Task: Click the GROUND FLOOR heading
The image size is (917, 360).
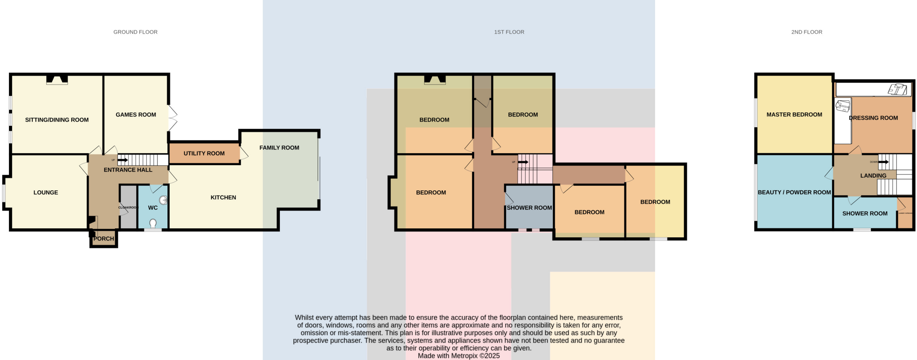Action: (135, 32)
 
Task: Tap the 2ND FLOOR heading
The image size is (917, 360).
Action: (806, 32)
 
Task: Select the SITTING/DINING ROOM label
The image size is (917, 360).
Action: (57, 120)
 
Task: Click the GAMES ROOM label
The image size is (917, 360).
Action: (136, 115)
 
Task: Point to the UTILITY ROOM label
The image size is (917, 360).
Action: (204, 154)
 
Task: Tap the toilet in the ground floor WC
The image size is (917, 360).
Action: (153, 223)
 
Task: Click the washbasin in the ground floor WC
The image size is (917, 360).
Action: (163, 200)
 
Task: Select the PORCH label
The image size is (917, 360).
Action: (104, 239)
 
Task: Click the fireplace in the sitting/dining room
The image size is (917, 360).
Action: (57, 80)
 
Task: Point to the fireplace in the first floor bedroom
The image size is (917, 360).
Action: (435, 80)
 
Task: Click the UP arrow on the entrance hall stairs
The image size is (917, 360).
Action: (122, 160)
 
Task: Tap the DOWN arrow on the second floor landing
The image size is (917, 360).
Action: (883, 162)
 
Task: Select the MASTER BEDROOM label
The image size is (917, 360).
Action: (794, 115)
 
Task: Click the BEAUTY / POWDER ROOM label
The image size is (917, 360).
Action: (794, 193)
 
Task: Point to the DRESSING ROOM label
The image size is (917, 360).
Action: (873, 118)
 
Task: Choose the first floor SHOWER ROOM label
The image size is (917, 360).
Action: (529, 208)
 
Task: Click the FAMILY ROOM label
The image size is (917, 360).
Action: (279, 148)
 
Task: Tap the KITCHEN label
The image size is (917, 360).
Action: (223, 197)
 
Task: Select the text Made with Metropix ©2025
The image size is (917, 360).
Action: (458, 356)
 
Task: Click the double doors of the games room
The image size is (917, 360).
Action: (172, 118)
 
